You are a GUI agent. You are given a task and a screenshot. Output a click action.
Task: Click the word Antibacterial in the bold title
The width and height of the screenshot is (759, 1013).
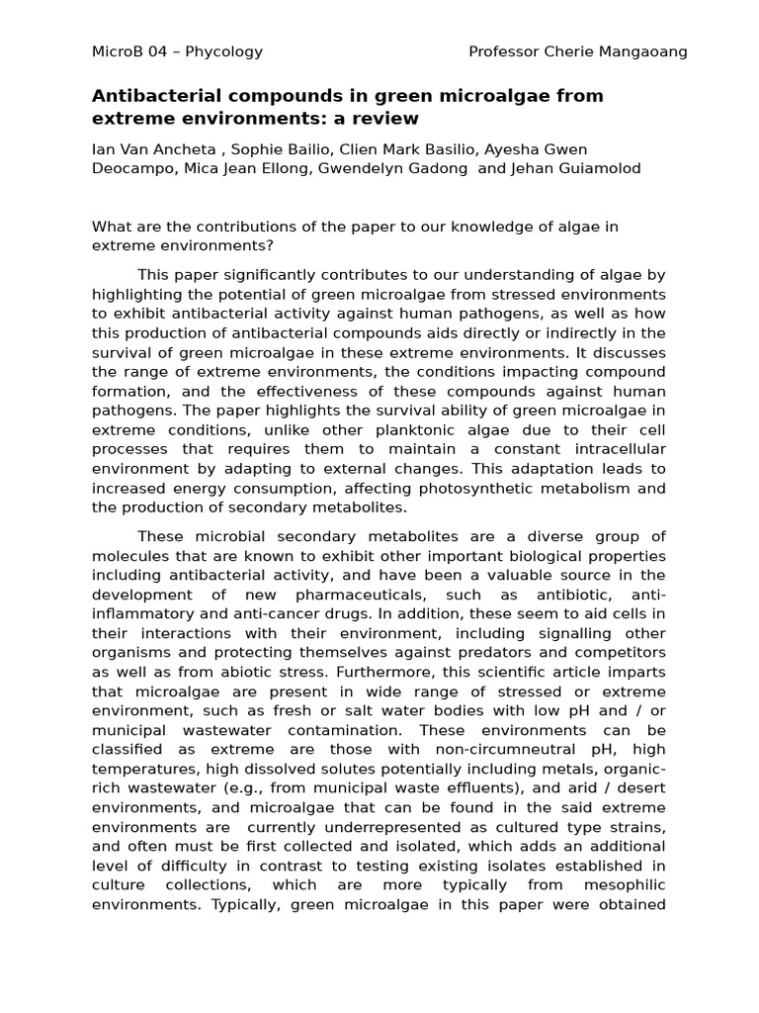point(152,96)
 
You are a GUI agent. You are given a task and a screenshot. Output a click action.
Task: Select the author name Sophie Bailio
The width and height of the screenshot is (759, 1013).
point(274,150)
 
